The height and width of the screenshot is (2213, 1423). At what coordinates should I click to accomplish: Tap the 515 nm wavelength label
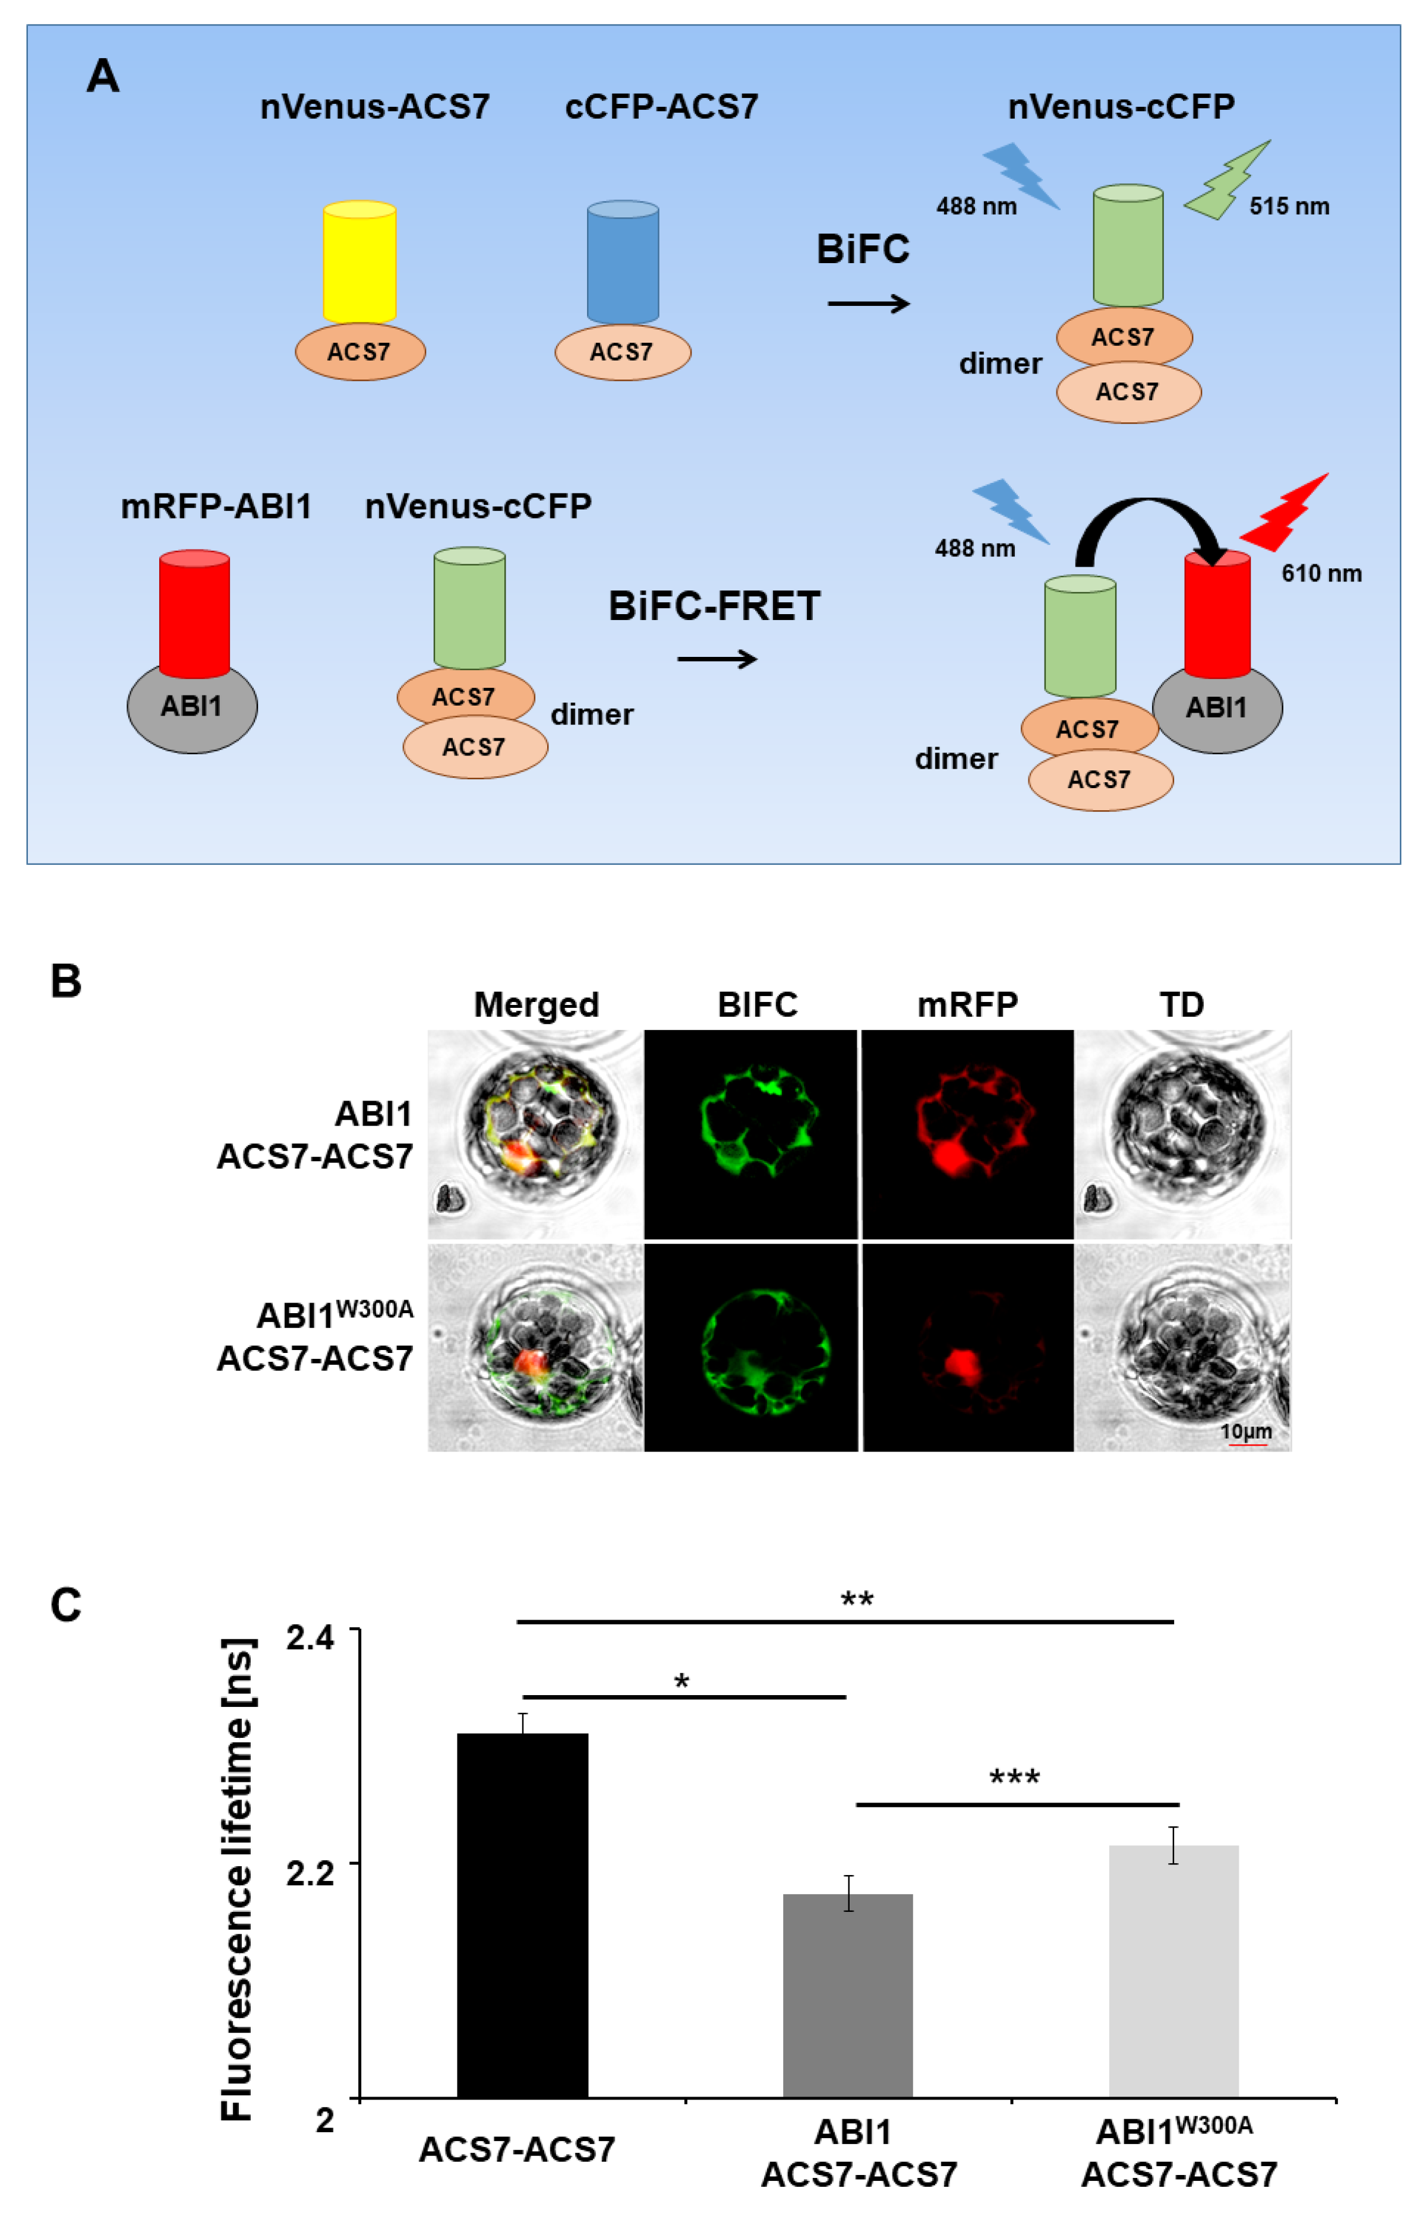[1289, 206]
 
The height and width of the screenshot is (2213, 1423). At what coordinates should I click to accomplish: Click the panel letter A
[103, 76]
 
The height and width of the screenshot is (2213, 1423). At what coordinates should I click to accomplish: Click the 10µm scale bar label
[1245, 1431]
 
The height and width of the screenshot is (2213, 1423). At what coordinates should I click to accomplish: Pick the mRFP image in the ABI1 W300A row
[967, 1348]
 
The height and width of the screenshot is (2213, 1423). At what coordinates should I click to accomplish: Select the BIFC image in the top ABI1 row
[751, 1134]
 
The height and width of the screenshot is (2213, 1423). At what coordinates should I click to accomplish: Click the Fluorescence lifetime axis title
[236, 1880]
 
